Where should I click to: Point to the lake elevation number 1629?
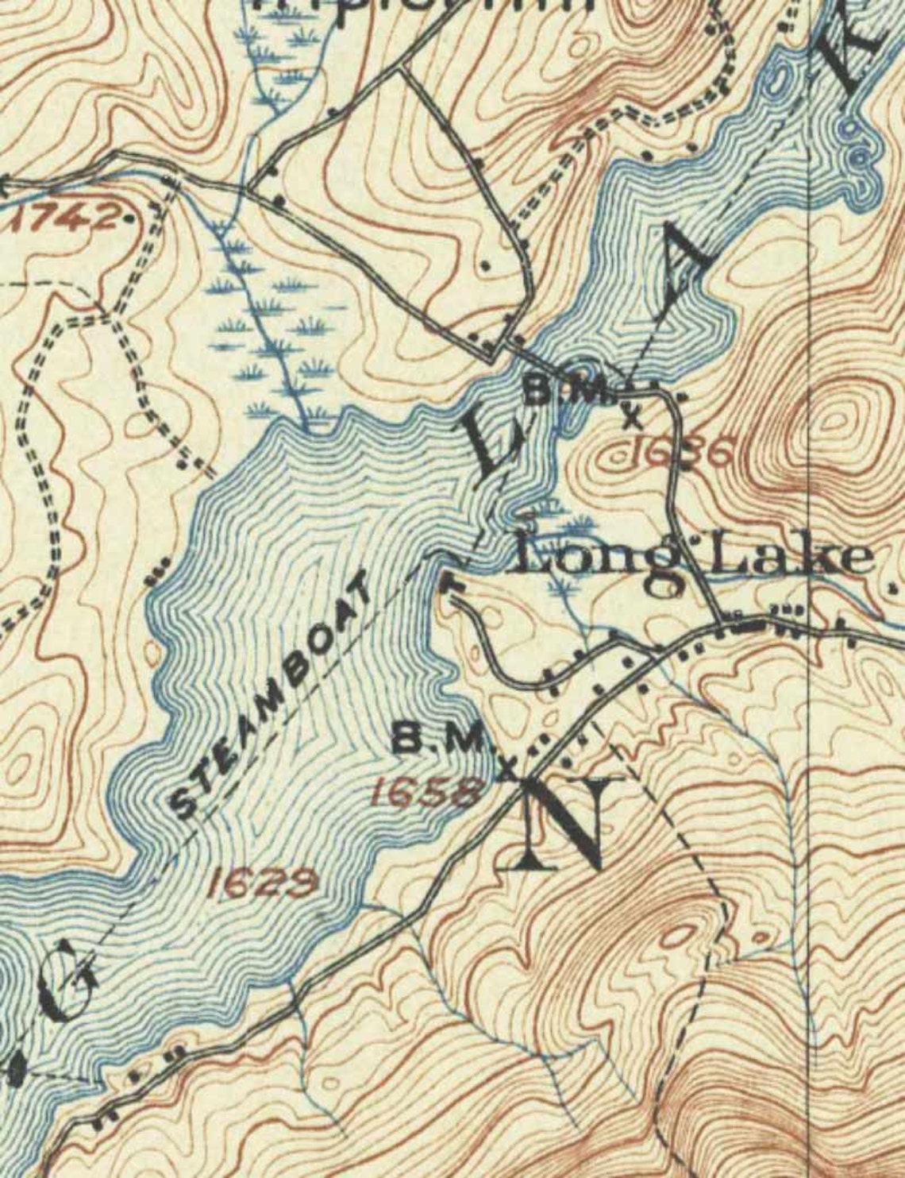(x=264, y=883)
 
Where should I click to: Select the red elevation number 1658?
(x=426, y=792)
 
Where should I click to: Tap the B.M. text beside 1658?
(x=449, y=741)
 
